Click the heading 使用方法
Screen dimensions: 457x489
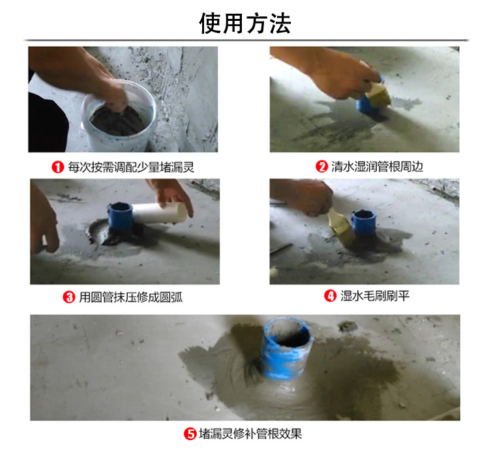pos(244,23)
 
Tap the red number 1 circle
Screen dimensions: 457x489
pos(58,168)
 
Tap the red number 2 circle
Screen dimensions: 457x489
pos(321,167)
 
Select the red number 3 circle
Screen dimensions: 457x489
pos(68,297)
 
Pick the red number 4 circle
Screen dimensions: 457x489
pos(330,296)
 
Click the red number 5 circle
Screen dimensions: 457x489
pos(191,434)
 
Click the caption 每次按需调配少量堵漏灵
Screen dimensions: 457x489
pos(131,168)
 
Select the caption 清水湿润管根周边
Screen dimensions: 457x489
pos(377,167)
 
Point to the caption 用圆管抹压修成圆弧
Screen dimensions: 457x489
pos(130,297)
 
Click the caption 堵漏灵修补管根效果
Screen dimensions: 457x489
pos(250,434)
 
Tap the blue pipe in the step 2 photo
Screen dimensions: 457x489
pos(363,105)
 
